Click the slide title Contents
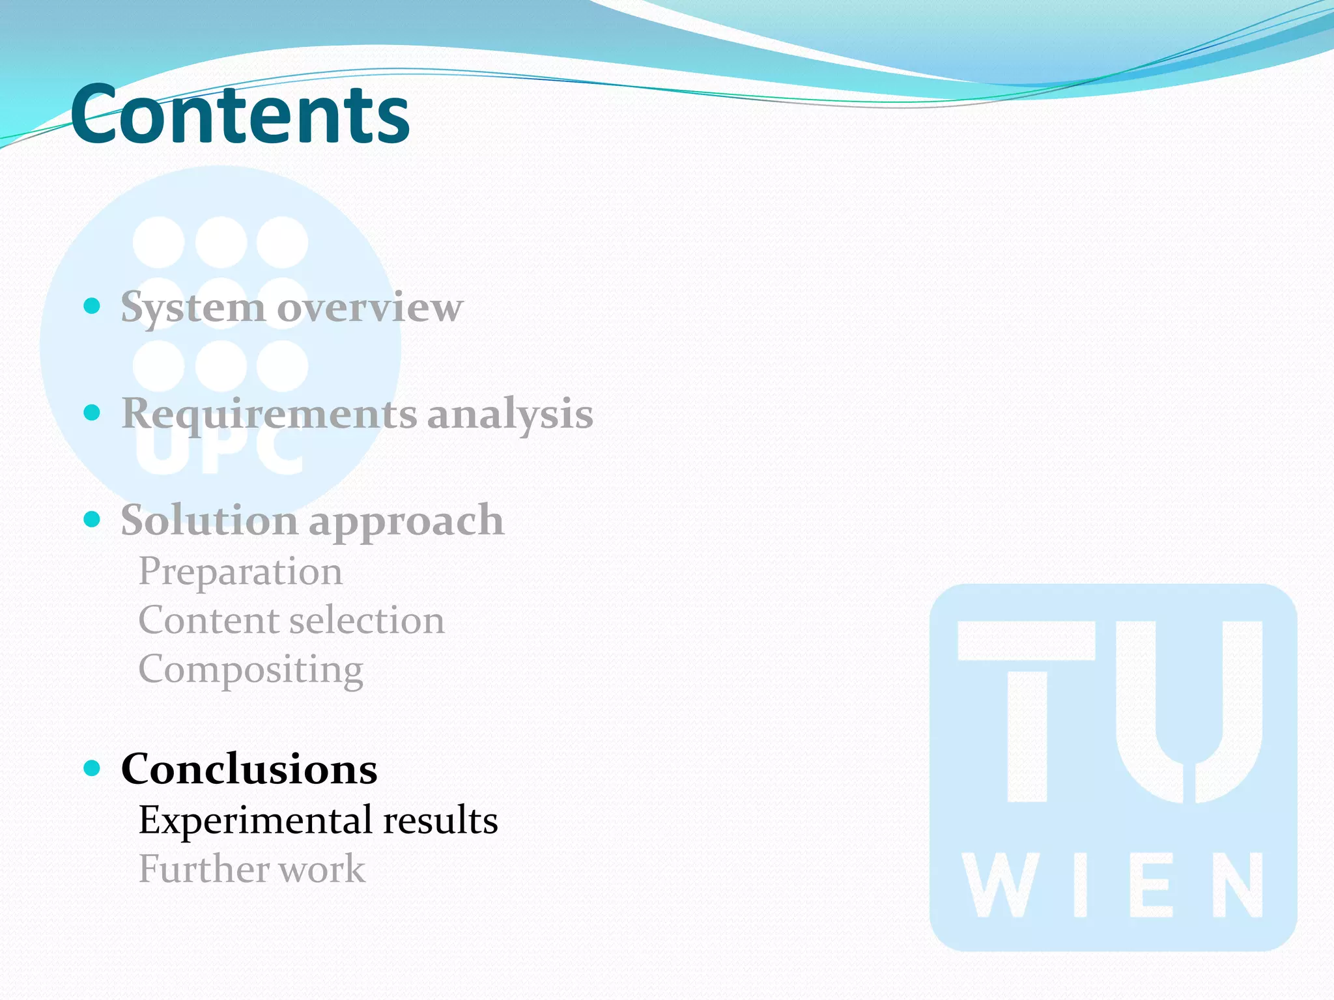[240, 114]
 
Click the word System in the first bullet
[192, 307]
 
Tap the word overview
[370, 307]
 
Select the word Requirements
[268, 414]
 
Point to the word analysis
[510, 414]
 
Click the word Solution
[209, 520]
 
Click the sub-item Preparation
[240, 572]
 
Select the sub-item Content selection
[291, 620]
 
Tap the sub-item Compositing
[251, 669]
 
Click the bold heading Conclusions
[249, 769]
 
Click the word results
[440, 820]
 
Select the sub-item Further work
[252, 868]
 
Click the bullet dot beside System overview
[92, 305]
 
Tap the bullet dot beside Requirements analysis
[92, 412]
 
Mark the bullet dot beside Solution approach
[92, 519]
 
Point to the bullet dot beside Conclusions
[92, 768]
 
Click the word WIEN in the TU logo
[1113, 885]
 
